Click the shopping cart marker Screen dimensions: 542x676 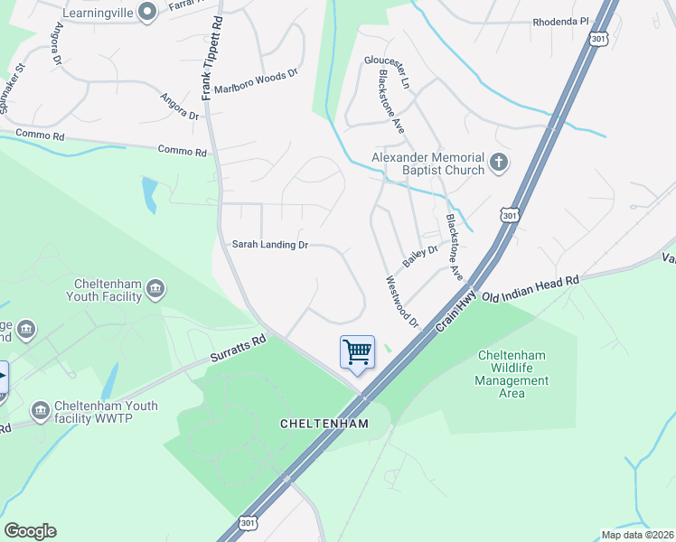point(357,351)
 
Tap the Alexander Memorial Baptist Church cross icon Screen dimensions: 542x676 point(497,164)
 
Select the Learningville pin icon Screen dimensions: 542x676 point(150,11)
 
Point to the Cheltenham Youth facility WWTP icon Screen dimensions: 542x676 point(40,412)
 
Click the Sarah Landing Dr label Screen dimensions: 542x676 point(270,245)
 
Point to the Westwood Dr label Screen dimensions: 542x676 point(403,302)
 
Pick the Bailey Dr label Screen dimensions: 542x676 point(420,257)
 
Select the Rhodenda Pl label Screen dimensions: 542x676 point(560,22)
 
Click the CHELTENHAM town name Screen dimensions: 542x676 point(324,424)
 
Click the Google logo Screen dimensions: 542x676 point(31,531)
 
